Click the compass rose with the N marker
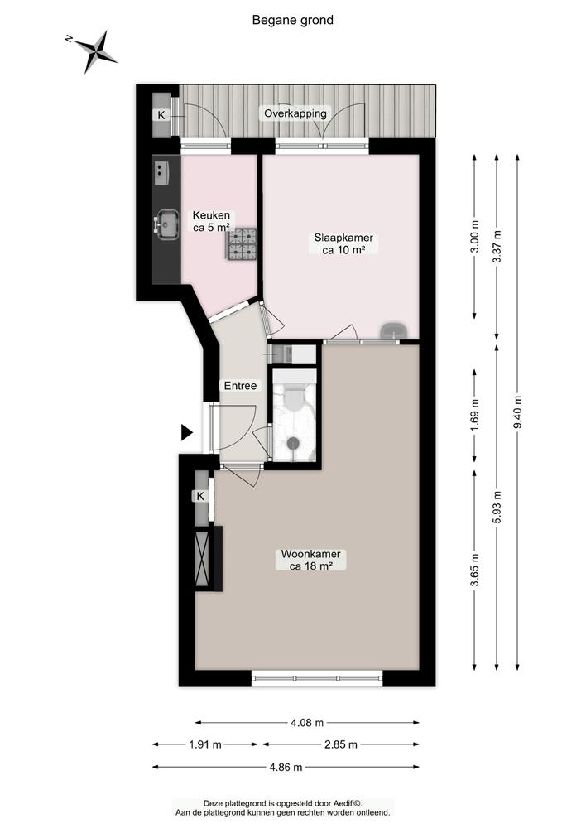click(x=95, y=51)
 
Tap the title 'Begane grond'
click(x=292, y=20)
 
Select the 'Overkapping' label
click(x=295, y=113)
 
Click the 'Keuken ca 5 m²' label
click(x=211, y=221)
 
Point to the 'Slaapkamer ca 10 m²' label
click(x=343, y=244)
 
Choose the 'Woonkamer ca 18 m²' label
click(x=310, y=560)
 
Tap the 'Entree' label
click(x=240, y=386)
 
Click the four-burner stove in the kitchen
click(x=242, y=243)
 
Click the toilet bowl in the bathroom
click(x=294, y=397)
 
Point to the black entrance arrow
click(x=186, y=432)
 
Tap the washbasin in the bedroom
click(x=394, y=330)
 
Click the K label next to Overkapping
click(x=161, y=115)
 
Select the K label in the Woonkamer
click(x=200, y=496)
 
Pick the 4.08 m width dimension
click(x=307, y=722)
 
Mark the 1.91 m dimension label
click(x=205, y=744)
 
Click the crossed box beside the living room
click(x=202, y=559)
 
